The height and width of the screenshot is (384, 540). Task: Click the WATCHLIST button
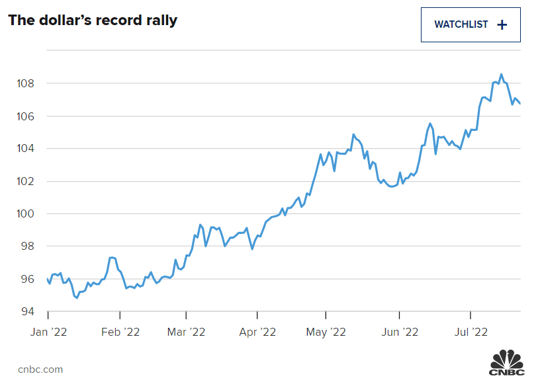(x=471, y=24)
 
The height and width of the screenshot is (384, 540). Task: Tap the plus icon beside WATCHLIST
(x=502, y=24)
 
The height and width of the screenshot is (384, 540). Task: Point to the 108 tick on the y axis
(x=26, y=84)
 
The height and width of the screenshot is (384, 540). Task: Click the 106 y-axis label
(x=26, y=116)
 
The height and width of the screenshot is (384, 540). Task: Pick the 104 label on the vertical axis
(x=26, y=149)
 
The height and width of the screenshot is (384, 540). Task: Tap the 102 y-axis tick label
(x=26, y=181)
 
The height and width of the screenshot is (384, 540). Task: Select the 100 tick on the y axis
(x=26, y=213)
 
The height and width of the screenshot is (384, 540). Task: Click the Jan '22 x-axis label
(x=48, y=331)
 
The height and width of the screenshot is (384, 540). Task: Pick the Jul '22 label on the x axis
(x=471, y=331)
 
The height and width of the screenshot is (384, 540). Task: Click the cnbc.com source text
(x=40, y=369)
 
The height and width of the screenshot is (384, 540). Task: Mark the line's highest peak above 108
(x=501, y=74)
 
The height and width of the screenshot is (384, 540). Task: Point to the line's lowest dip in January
(x=77, y=297)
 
